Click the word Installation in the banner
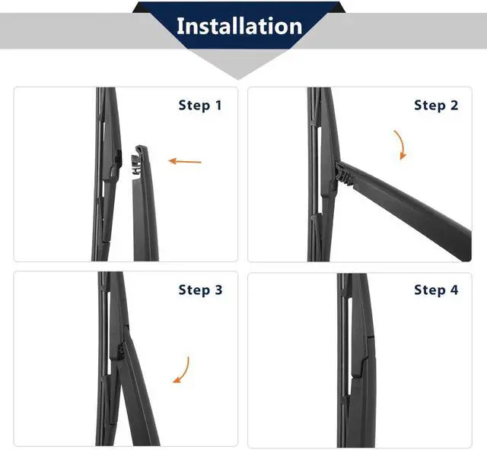click(239, 26)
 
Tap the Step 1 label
click(200, 105)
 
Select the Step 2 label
click(436, 105)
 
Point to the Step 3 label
click(200, 290)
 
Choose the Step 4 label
click(436, 290)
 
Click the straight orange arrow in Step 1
click(185, 161)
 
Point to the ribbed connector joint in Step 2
click(343, 174)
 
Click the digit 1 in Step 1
click(218, 105)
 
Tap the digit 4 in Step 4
click(454, 290)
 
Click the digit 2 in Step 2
click(454, 105)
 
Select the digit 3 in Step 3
click(218, 290)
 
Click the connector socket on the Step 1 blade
click(116, 164)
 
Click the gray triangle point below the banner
click(238, 80)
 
